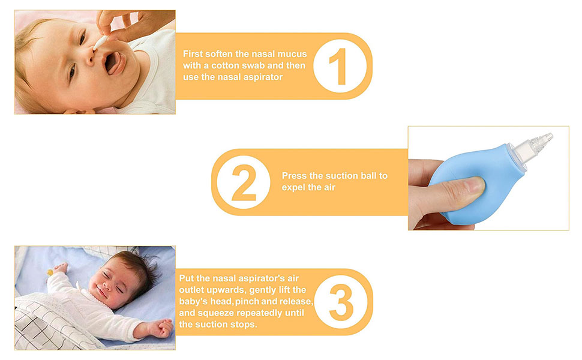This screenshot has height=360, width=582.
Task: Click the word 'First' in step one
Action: tap(193, 54)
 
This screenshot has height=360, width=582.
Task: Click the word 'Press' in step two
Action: tap(295, 176)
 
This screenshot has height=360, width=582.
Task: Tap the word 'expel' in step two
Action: tap(294, 187)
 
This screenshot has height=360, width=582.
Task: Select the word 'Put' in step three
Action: tap(187, 278)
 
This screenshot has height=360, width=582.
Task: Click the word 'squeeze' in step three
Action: tap(218, 313)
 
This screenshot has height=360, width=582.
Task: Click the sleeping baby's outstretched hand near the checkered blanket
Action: tap(162, 328)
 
